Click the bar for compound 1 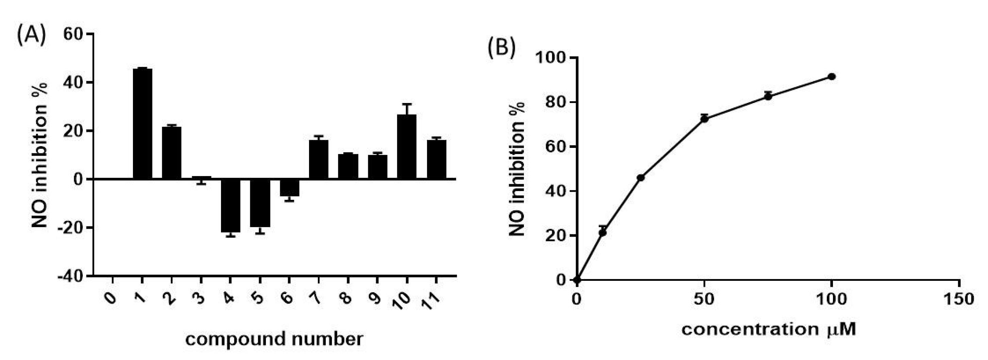[x=142, y=123]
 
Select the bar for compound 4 [x=231, y=205]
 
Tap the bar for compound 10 [x=407, y=147]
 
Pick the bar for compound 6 [x=290, y=187]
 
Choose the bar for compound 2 [x=171, y=153]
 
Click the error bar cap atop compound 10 [x=407, y=104]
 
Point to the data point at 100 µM [x=832, y=77]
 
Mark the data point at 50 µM [x=704, y=119]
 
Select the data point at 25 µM [x=641, y=177]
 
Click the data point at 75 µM [x=768, y=96]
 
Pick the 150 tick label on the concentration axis [x=959, y=299]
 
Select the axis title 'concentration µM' [x=769, y=330]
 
